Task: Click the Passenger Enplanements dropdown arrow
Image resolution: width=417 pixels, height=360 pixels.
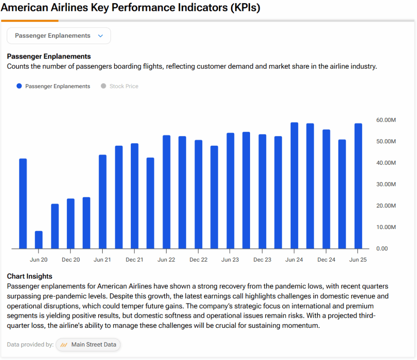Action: click(101, 36)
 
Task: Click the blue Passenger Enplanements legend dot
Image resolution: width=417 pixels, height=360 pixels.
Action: click(19, 86)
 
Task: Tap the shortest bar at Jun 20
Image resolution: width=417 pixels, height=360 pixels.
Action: click(39, 240)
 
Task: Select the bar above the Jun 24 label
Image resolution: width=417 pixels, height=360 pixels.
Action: click(294, 185)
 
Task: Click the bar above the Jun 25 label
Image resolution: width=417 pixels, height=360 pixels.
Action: click(358, 186)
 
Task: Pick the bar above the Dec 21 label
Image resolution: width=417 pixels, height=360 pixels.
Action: click(134, 196)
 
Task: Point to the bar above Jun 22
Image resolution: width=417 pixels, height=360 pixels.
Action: click(166, 192)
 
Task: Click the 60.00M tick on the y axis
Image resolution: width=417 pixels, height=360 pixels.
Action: click(386, 120)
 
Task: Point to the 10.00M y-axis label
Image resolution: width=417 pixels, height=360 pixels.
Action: click(386, 227)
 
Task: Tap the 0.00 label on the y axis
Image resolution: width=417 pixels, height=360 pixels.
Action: click(382, 249)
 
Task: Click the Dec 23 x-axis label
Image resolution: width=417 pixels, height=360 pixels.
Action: click(262, 260)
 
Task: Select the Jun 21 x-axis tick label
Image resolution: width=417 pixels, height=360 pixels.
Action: click(102, 260)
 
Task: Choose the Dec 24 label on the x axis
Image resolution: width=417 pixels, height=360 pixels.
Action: click(326, 260)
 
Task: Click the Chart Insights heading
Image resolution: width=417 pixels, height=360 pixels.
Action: click(30, 277)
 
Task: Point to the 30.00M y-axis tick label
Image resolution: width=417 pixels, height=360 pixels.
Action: click(386, 184)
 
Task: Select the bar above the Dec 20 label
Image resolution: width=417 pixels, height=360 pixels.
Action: click(70, 223)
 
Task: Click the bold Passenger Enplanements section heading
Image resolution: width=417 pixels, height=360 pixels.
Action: click(49, 57)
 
